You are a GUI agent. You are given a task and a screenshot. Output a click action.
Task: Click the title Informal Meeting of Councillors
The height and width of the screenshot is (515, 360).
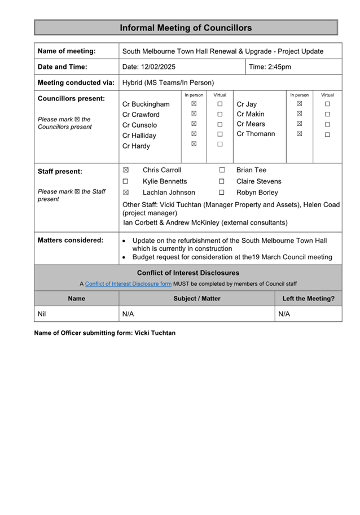[186, 28]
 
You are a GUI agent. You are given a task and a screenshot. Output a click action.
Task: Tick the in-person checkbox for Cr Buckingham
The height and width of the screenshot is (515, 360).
[194, 104]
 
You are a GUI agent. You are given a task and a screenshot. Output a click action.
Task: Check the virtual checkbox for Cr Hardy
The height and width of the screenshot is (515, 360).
[220, 144]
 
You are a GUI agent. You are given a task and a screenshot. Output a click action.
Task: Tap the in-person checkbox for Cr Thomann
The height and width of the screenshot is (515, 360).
[300, 134]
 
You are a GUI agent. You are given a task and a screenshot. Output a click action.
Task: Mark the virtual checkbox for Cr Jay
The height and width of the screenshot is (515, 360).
[327, 104]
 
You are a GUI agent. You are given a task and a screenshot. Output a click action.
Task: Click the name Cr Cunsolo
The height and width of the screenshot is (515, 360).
[139, 125]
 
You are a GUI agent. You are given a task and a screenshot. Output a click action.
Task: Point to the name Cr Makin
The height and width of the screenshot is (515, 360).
[250, 114]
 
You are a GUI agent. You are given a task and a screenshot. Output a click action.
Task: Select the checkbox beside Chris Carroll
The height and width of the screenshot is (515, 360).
[126, 170]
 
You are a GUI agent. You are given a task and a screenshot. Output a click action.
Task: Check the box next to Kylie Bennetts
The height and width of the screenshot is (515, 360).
[126, 181]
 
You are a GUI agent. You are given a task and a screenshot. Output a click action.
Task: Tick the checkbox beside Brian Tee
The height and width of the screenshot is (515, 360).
[222, 170]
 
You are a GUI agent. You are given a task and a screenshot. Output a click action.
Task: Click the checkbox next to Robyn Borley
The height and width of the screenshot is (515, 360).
[222, 193]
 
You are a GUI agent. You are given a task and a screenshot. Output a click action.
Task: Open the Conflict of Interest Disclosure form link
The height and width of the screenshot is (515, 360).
[128, 283]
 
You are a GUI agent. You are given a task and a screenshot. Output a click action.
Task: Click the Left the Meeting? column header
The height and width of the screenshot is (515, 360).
[308, 298]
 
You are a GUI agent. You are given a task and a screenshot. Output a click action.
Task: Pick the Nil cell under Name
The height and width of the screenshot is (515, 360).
[42, 313]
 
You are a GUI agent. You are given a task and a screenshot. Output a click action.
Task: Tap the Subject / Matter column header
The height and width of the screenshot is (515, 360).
[197, 298]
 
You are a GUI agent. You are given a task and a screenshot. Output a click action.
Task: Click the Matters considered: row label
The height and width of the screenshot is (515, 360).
[71, 240]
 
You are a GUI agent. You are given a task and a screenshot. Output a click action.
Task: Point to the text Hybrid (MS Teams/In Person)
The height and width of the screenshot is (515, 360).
[168, 82]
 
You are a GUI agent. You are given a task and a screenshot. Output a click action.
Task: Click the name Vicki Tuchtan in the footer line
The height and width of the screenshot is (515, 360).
[155, 333]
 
